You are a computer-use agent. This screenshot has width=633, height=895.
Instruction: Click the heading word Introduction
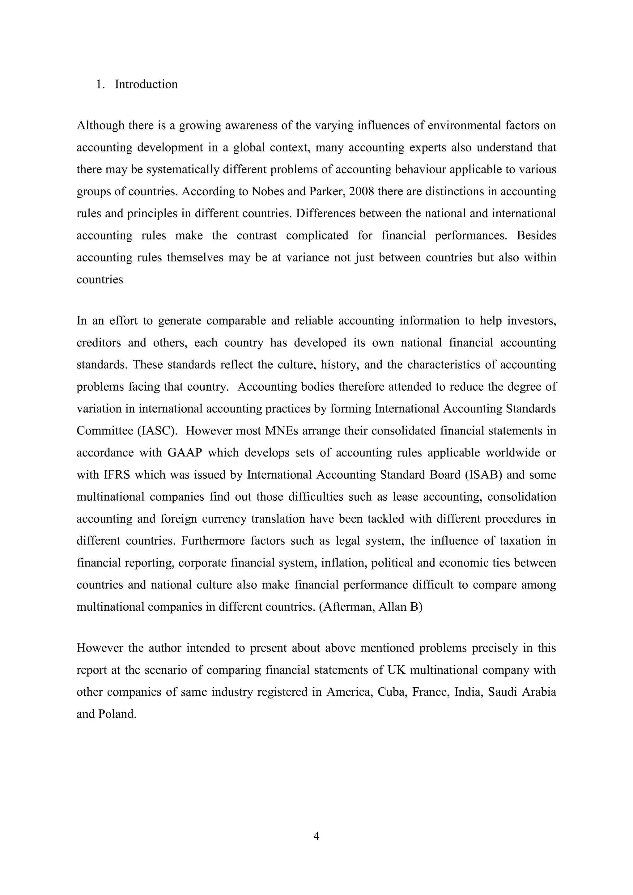click(146, 84)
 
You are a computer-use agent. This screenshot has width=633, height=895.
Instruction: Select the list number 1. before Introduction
click(100, 84)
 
